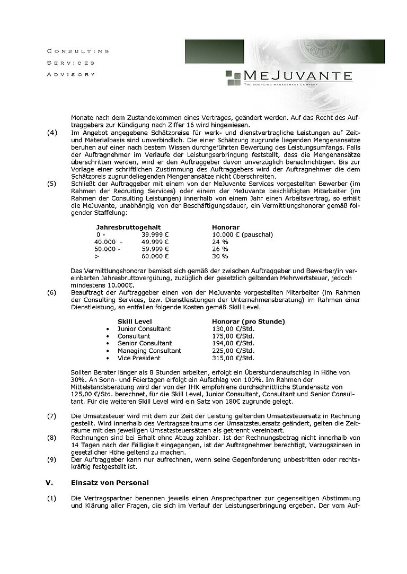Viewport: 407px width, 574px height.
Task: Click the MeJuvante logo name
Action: pos(297,74)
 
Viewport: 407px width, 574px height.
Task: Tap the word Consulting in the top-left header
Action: pos(78,51)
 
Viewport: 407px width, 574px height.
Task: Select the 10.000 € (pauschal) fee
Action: pos(242,234)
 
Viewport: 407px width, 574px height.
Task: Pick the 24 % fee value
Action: pos(220,241)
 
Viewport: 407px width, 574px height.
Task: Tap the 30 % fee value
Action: pos(220,256)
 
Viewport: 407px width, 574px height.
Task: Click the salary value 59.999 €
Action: pos(155,249)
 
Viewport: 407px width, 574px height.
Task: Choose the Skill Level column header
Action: pos(135,321)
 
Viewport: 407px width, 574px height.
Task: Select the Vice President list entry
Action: pos(139,359)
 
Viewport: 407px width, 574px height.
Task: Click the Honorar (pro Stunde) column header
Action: pos(248,321)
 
